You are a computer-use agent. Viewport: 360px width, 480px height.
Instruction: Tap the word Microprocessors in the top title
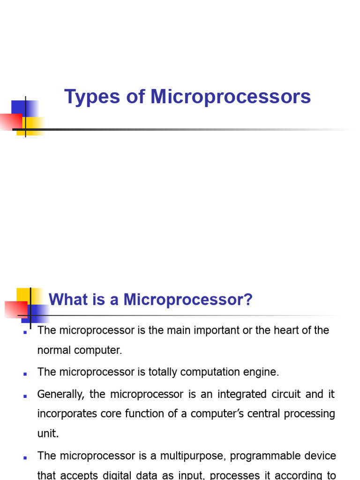231,97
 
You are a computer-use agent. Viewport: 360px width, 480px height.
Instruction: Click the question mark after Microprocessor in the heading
248,300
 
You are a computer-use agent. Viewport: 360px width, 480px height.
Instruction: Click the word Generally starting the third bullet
60,394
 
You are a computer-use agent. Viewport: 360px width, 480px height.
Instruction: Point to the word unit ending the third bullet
48,434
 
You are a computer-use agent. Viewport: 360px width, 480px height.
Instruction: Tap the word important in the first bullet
204,330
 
